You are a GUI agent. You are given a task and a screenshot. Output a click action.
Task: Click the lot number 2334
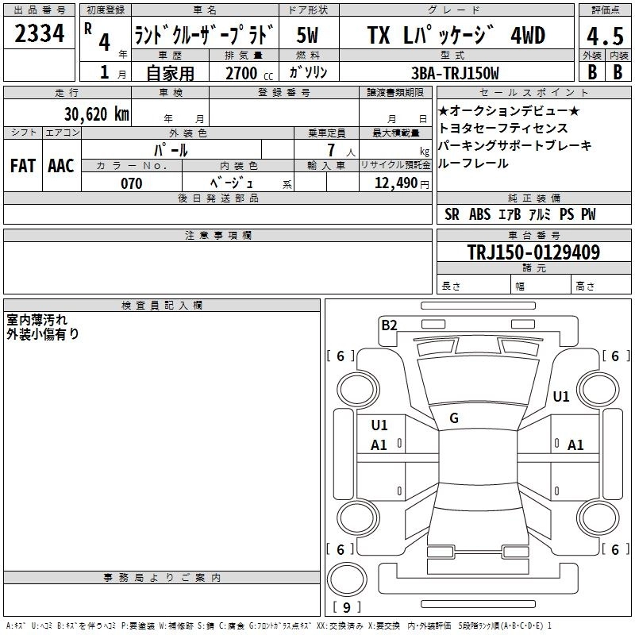point(39,33)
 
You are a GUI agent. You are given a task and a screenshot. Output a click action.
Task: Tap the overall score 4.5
point(605,36)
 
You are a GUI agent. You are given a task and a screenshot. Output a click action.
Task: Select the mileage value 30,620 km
point(96,114)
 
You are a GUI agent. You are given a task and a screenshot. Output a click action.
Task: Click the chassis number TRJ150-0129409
point(533,252)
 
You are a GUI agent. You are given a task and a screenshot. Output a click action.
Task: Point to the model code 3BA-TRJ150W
point(455,73)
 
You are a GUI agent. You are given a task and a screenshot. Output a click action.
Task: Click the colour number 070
point(132,183)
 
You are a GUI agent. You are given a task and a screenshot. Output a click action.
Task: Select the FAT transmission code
point(23,166)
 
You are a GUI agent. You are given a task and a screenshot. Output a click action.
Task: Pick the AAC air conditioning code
point(61,166)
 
